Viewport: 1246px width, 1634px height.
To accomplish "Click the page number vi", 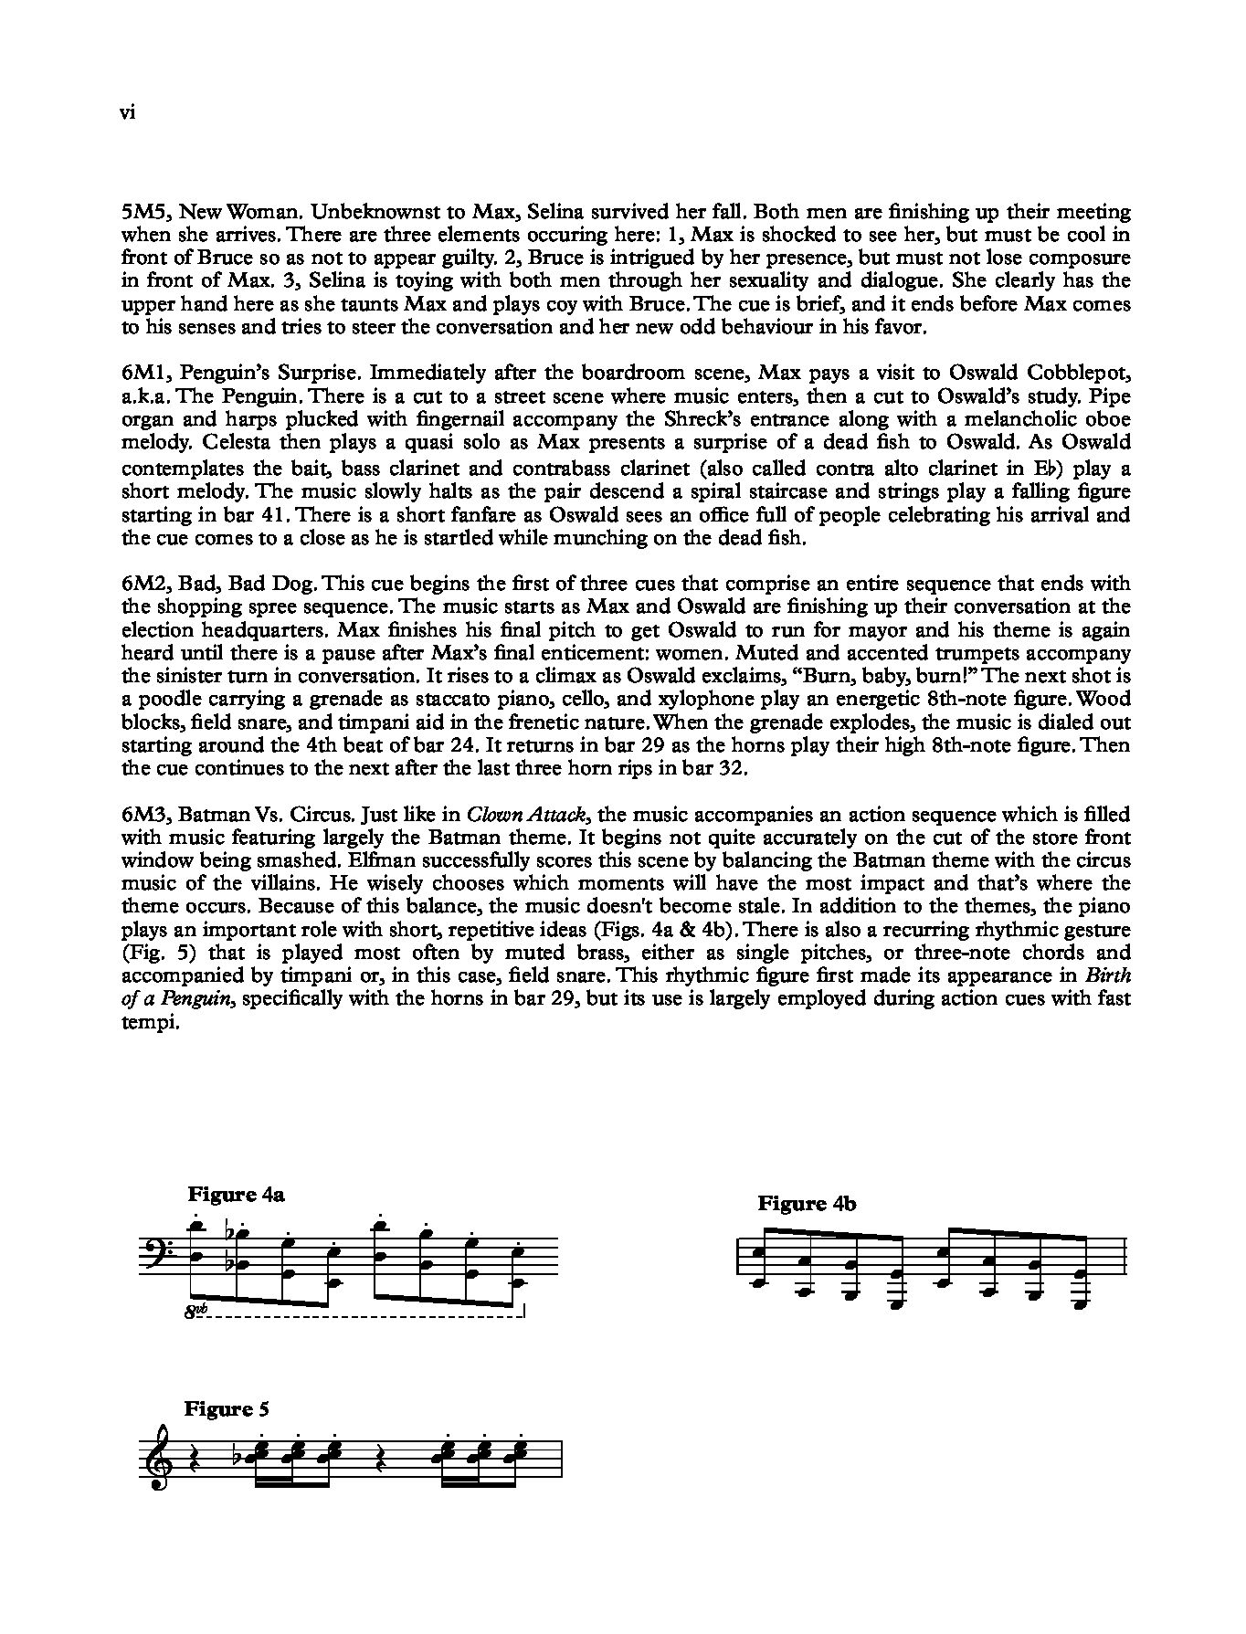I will click(x=128, y=113).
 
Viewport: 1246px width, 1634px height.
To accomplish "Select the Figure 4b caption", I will click(x=807, y=1204).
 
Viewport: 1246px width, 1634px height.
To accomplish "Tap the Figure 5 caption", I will click(x=227, y=1408).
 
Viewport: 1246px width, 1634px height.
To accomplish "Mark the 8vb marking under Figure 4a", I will click(x=195, y=1313).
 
